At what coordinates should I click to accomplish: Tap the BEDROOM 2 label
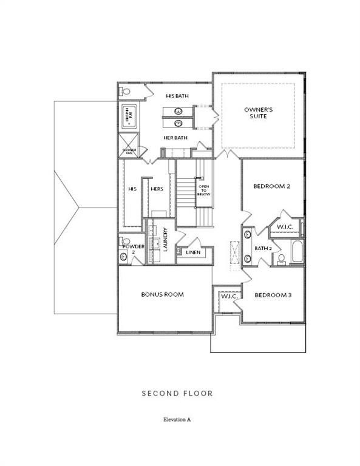click(x=271, y=186)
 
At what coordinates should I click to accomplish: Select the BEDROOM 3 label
click(x=273, y=295)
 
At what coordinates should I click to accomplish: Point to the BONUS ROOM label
click(x=162, y=294)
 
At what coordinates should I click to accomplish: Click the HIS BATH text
click(x=178, y=96)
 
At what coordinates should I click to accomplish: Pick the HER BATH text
click(x=175, y=138)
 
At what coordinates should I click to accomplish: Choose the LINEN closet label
click(x=193, y=252)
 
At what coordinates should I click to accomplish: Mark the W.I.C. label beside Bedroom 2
click(x=285, y=228)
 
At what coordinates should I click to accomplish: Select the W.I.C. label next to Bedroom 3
click(x=228, y=295)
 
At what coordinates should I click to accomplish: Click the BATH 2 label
click(x=262, y=248)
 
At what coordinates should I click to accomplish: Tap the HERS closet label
click(x=157, y=189)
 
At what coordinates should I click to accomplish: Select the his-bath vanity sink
click(x=178, y=112)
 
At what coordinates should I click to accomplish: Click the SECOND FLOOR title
click(x=177, y=393)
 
